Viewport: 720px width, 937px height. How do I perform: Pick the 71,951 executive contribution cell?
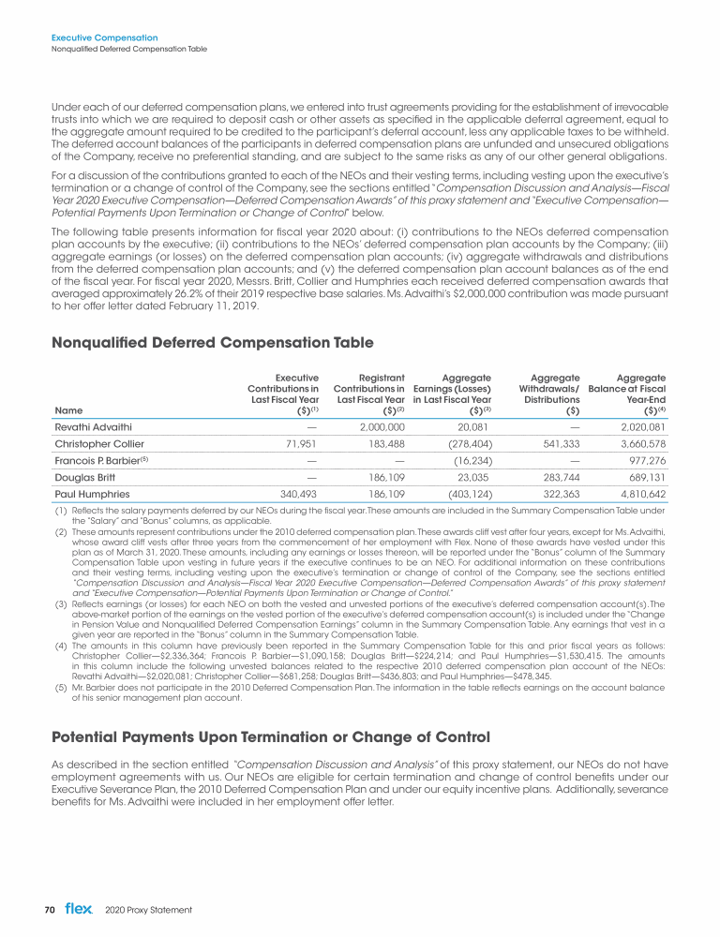click(x=299, y=443)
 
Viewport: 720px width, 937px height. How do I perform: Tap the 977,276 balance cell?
click(x=644, y=460)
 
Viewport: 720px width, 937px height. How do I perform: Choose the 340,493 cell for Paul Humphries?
click(x=295, y=493)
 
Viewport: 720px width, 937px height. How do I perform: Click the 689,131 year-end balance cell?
click(x=646, y=476)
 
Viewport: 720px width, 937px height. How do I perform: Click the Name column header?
click(x=68, y=409)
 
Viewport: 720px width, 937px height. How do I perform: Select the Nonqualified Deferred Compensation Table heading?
click(x=213, y=343)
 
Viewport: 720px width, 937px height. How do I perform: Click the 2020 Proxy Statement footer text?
click(x=148, y=910)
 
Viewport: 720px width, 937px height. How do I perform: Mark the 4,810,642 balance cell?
click(x=642, y=493)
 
